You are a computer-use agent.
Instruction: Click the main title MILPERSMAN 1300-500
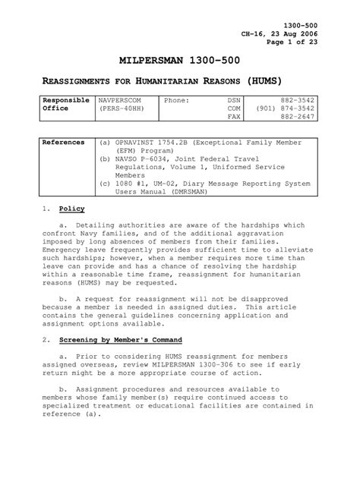[x=180, y=60]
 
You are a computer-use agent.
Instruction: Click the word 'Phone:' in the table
[x=176, y=99]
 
